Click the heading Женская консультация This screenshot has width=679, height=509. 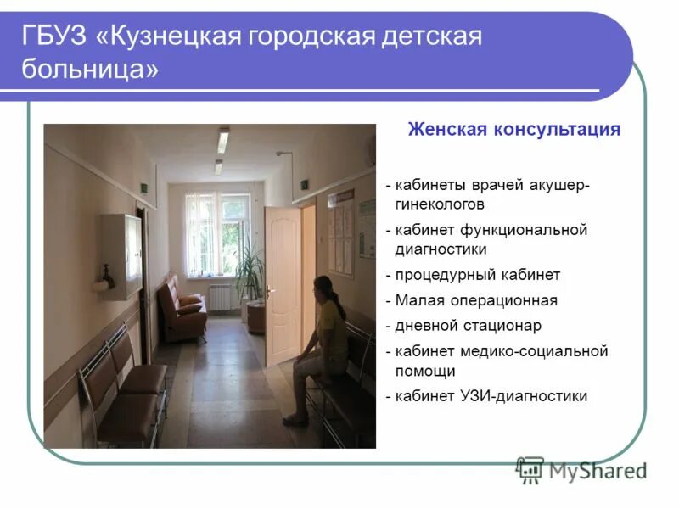pos(513,130)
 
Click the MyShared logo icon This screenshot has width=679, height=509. pos(530,469)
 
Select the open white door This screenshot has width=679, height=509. pos(282,284)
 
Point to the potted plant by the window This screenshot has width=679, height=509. pos(250,271)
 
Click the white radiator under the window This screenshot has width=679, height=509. pos(221,296)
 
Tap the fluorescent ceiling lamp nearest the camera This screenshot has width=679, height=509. pos(223,140)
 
